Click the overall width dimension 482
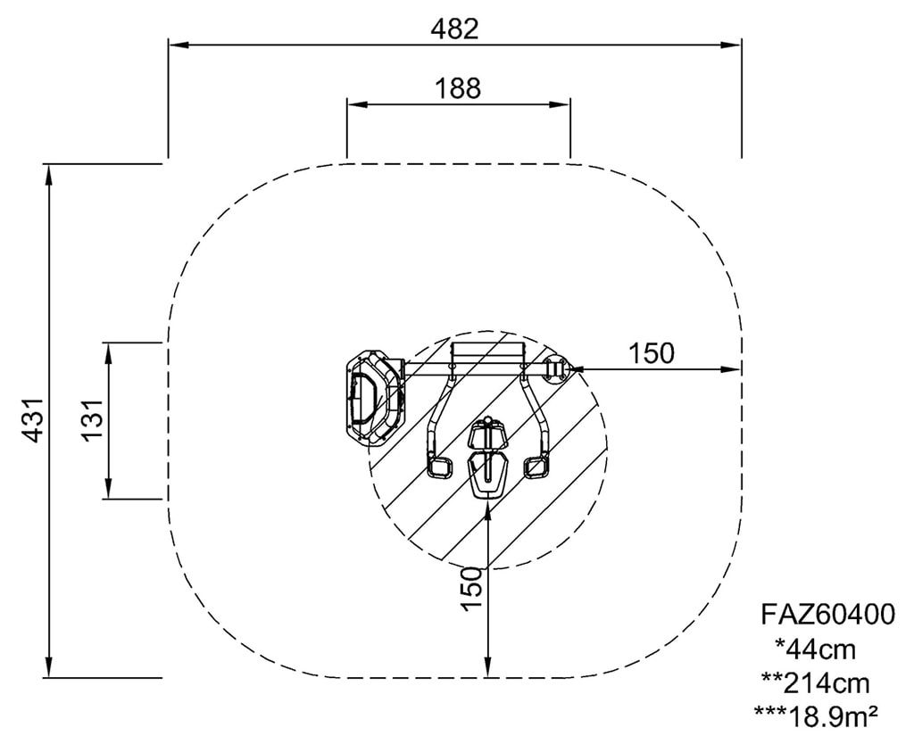[454, 29]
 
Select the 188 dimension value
[458, 88]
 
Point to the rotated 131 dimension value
[92, 421]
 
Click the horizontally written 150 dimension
[651, 353]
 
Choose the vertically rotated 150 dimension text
[472, 589]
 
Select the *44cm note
[816, 649]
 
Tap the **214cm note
[816, 682]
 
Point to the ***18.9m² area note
[816, 716]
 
